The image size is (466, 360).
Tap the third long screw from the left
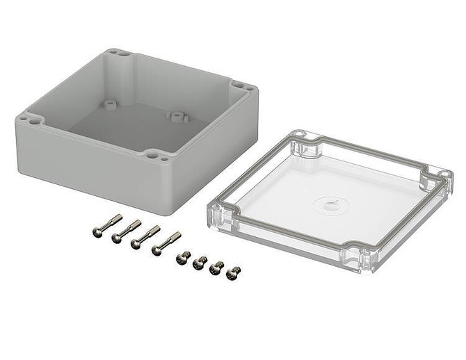click(x=145, y=236)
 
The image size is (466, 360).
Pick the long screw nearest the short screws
click(x=166, y=242)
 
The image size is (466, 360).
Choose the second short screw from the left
click(x=200, y=262)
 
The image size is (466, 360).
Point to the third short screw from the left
click(x=217, y=268)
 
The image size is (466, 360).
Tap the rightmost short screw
click(x=234, y=273)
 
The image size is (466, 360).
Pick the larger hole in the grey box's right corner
click(x=239, y=85)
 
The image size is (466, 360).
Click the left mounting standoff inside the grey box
click(x=109, y=103)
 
